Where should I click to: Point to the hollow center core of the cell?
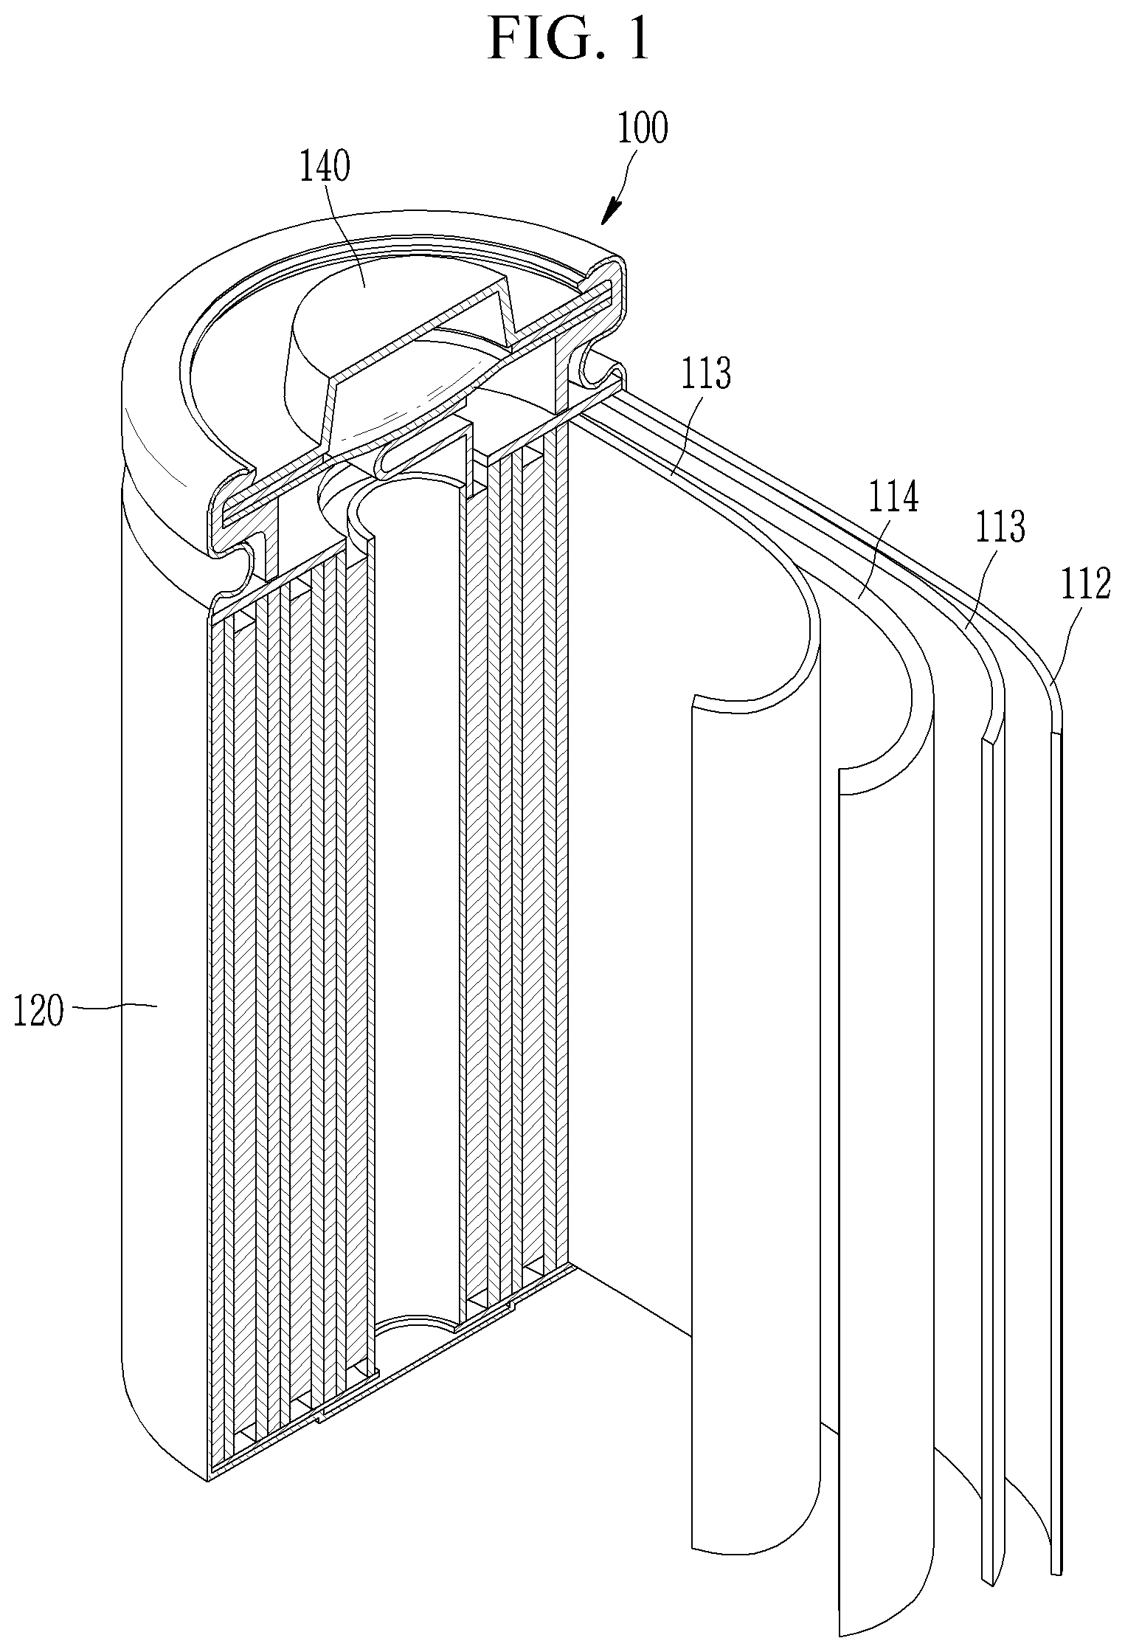point(417,885)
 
